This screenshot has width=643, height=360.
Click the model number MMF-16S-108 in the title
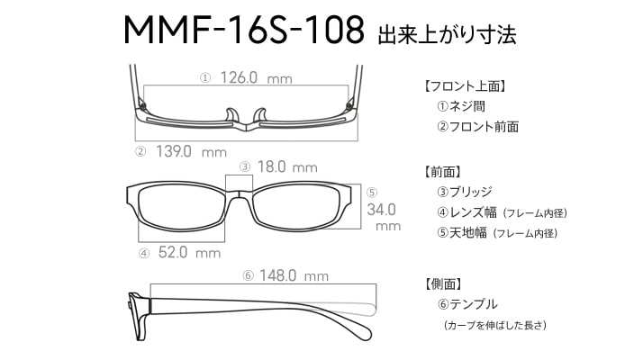pyautogui.click(x=243, y=30)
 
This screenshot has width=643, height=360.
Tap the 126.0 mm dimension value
pyautogui.click(x=257, y=77)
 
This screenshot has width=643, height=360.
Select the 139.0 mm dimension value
pyautogui.click(x=191, y=152)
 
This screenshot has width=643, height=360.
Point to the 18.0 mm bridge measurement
pyautogui.click(x=287, y=166)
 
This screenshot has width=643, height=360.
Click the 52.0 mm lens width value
pyautogui.click(x=189, y=252)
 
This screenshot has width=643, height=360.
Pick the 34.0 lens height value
pyautogui.click(x=381, y=210)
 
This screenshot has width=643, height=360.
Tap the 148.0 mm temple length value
pyautogui.click(x=294, y=275)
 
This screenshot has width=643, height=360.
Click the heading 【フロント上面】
pyautogui.click(x=466, y=86)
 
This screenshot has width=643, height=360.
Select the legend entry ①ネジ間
pyautogui.click(x=461, y=106)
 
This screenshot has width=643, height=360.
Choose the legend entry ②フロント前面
pyautogui.click(x=477, y=126)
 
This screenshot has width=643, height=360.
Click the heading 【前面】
pyautogui.click(x=443, y=172)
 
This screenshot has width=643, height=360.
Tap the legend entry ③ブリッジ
pyautogui.click(x=465, y=192)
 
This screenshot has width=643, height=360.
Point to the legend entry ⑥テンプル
pyautogui.click(x=467, y=304)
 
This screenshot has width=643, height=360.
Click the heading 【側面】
pyautogui.click(x=443, y=283)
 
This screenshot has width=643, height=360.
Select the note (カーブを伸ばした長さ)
pyautogui.click(x=495, y=325)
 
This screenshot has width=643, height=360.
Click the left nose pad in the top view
pyautogui.click(x=231, y=115)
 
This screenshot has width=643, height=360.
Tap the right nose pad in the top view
pyautogui.click(x=260, y=115)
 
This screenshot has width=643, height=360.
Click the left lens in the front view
pyautogui.click(x=181, y=208)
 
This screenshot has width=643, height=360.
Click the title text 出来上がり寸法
pyautogui.click(x=447, y=34)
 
